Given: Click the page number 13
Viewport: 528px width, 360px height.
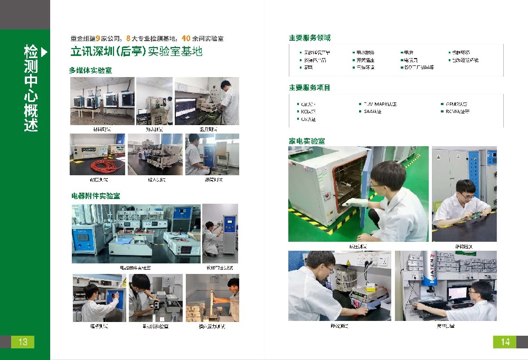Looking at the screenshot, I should click(23, 342).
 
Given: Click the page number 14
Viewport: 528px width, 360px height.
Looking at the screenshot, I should click(505, 342).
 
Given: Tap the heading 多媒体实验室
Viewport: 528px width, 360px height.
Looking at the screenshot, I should click(90, 70).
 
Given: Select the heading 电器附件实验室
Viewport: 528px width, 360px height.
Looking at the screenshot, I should click(96, 196).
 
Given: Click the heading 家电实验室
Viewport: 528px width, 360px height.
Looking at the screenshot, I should click(306, 141).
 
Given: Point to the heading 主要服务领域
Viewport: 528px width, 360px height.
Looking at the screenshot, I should click(309, 38).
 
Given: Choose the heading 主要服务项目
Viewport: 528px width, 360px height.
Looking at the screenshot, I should click(309, 88).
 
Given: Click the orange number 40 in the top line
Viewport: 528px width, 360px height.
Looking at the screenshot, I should click(186, 39).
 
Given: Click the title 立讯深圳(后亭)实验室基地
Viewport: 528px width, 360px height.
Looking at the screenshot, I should click(136, 52).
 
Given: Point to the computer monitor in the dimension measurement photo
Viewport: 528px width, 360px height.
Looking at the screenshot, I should click(457, 293).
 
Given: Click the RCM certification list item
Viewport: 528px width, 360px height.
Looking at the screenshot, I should click(457, 112).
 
